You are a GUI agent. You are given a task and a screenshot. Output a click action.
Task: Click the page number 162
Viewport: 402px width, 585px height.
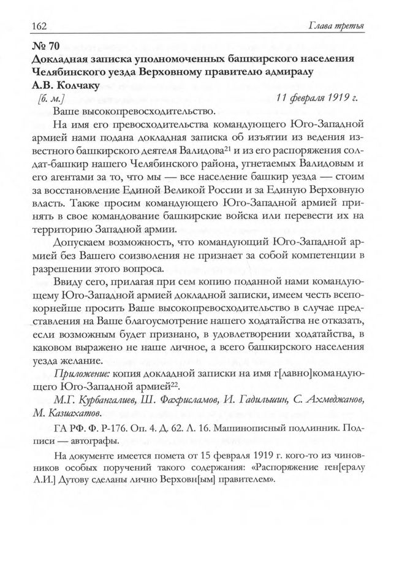(x=30, y=26)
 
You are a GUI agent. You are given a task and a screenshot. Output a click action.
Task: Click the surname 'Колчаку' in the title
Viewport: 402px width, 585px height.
(x=72, y=84)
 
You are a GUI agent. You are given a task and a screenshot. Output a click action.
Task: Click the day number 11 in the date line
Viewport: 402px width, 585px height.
(x=281, y=97)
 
